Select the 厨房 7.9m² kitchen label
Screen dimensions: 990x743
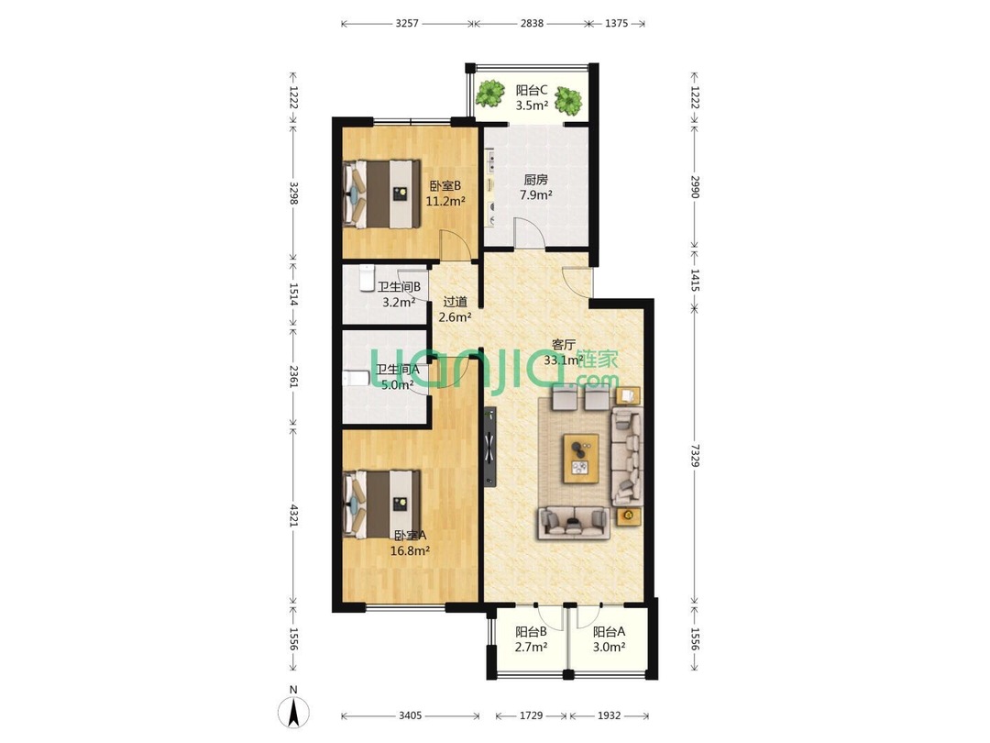click(x=535, y=188)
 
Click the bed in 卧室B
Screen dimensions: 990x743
click(x=381, y=194)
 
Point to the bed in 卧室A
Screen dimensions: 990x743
click(x=381, y=504)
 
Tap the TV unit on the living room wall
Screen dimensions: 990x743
click(x=489, y=447)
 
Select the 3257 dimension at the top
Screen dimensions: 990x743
click(x=407, y=23)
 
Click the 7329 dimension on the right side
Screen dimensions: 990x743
click(x=695, y=456)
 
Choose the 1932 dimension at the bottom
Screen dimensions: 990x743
click(x=609, y=715)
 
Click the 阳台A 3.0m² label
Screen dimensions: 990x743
click(x=610, y=638)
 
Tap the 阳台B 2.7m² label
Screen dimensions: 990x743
click(x=531, y=638)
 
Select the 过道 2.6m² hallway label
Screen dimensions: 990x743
click(x=456, y=310)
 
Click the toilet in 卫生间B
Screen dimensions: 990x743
click(x=366, y=279)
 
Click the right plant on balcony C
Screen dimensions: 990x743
click(x=569, y=100)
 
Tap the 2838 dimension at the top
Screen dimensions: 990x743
click(x=532, y=23)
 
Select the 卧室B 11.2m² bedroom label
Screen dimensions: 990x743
click(x=445, y=194)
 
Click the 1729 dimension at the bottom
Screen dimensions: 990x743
click(x=531, y=715)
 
